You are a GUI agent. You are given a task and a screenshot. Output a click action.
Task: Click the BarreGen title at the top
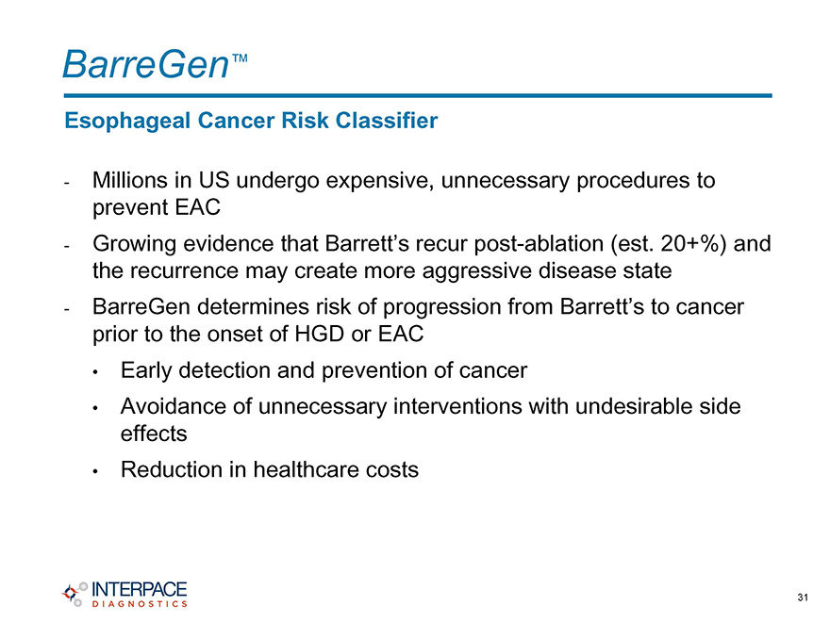pos(146,64)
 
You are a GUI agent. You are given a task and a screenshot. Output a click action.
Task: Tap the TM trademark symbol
pos(240,57)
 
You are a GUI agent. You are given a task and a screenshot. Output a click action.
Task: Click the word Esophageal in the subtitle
pos(127,122)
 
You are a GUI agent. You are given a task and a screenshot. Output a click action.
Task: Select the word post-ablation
pos(539,244)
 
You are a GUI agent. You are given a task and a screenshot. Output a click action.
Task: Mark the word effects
pos(154,434)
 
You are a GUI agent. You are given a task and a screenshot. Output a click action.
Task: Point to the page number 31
pos(803,597)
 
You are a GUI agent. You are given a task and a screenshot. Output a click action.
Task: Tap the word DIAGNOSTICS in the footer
pos(140,603)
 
